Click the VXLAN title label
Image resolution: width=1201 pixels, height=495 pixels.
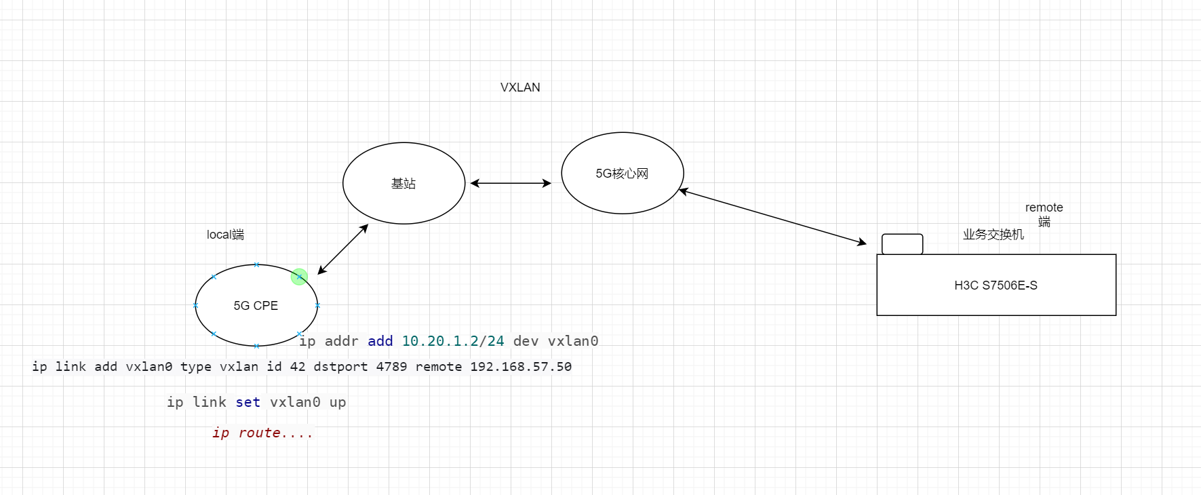[520, 87]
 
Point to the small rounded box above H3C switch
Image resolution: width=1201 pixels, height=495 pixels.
[902, 243]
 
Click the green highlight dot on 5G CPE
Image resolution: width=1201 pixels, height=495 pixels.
[299, 277]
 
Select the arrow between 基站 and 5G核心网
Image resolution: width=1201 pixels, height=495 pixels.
[511, 183]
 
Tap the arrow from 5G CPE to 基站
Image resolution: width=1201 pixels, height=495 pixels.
[343, 249]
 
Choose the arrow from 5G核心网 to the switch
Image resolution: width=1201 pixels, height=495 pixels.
[773, 217]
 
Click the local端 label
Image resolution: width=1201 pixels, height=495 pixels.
[225, 235]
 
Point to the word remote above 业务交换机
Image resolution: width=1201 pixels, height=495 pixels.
[1044, 207]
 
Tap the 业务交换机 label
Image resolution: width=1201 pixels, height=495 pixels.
[993, 235]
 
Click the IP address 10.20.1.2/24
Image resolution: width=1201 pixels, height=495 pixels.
[453, 341]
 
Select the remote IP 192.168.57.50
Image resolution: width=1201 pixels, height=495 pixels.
[521, 367]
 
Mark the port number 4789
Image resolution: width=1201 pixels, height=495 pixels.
[391, 367]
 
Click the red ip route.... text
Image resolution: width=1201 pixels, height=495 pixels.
[262, 433]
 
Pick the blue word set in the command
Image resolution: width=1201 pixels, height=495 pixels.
[248, 402]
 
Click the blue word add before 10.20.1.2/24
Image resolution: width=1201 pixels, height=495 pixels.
[380, 341]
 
